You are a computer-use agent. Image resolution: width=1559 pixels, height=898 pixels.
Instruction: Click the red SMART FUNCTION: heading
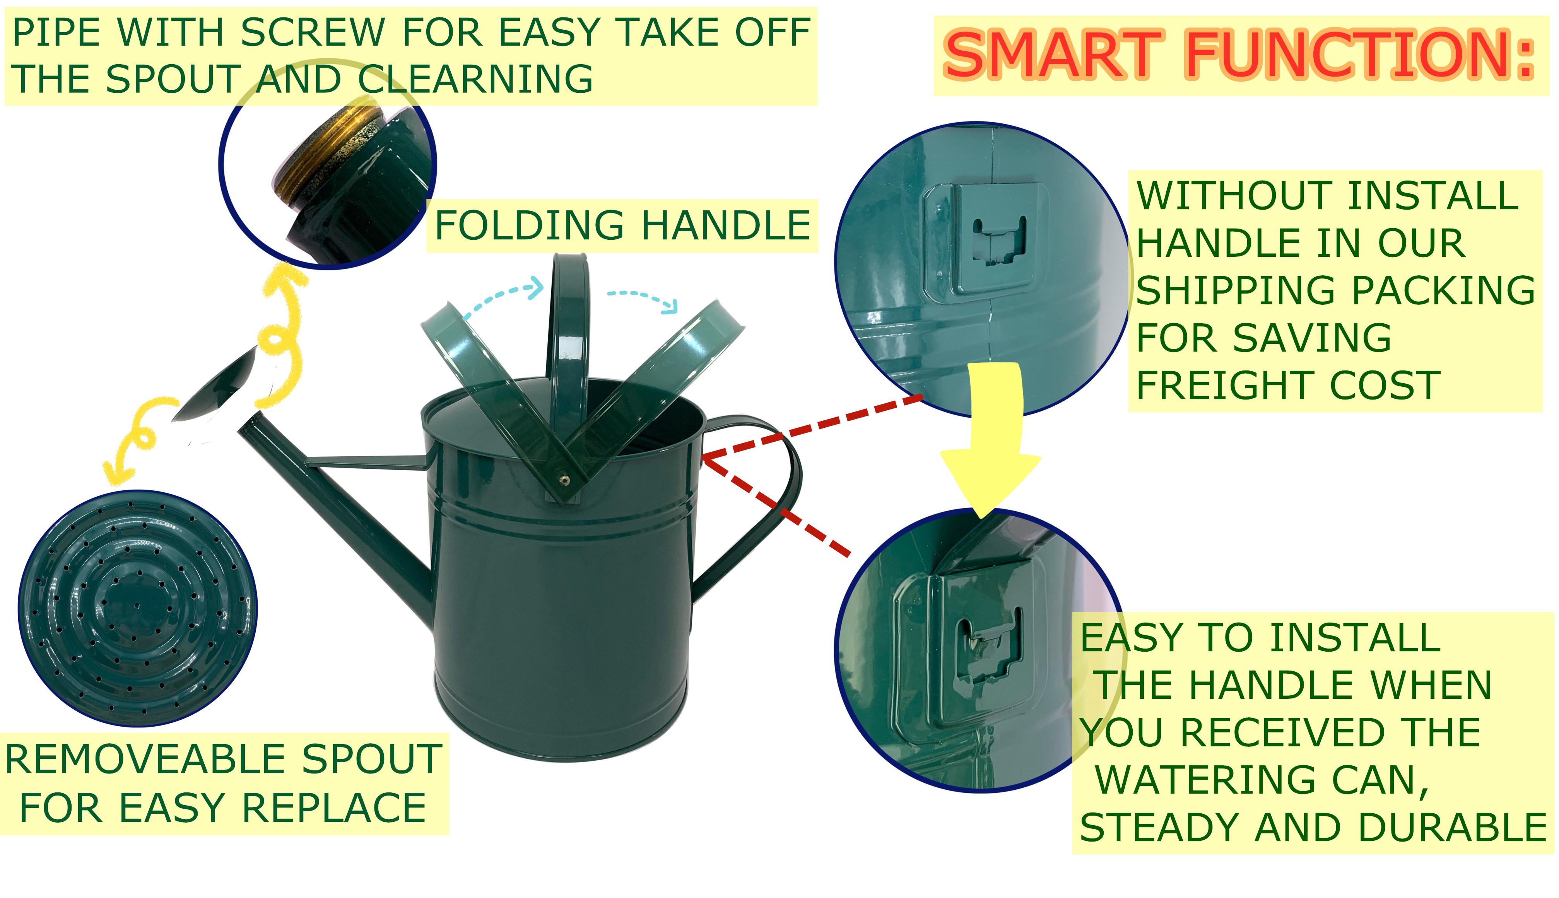click(1239, 56)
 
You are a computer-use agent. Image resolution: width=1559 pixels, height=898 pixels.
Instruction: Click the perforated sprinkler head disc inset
click(138, 608)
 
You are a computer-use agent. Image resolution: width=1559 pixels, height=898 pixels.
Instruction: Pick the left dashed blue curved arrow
click(503, 296)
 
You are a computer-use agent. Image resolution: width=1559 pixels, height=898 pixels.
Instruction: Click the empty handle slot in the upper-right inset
click(1000, 241)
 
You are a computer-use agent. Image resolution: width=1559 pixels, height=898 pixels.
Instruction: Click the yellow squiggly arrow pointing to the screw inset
click(281, 336)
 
